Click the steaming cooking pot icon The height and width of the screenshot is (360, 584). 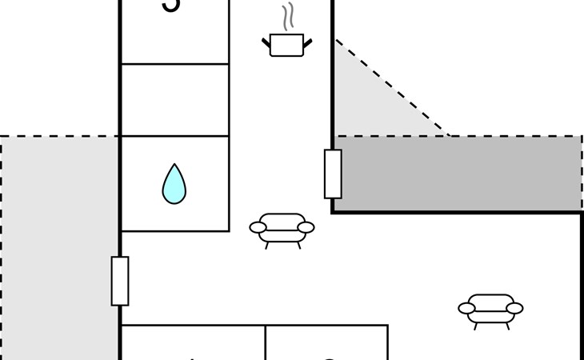(286, 44)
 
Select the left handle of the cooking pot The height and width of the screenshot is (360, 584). (266, 42)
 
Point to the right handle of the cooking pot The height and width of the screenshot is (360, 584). (307, 42)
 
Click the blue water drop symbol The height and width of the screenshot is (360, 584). (174, 184)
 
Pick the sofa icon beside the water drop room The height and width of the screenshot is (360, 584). (282, 227)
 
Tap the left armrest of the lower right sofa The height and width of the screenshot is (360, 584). (467, 308)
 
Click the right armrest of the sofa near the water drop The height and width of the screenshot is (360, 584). (306, 228)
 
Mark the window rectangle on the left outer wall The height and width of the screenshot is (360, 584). (120, 281)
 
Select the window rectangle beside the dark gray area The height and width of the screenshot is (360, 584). (333, 174)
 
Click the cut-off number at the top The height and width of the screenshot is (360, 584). (171, 6)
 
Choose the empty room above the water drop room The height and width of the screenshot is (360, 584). (174, 100)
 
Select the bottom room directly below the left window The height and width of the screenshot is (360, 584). (192, 344)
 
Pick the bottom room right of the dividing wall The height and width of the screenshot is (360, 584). (326, 344)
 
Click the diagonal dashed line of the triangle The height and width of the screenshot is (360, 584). (392, 88)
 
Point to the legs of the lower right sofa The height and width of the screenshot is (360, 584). (490, 326)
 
